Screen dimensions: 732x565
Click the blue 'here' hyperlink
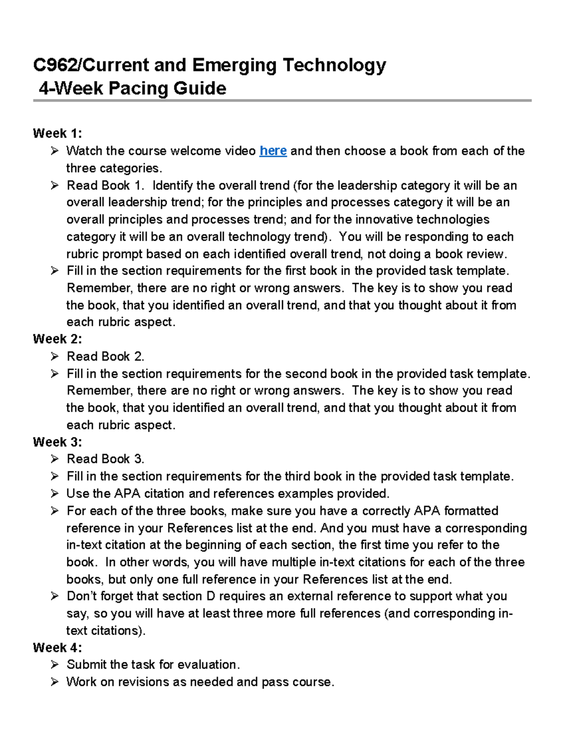[273, 151]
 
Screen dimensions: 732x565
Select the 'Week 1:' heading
[57, 133]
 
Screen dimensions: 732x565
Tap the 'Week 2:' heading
[57, 339]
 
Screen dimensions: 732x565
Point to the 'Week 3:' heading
[57, 442]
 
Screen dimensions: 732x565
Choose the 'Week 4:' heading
[57, 647]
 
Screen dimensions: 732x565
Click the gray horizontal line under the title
[282, 100]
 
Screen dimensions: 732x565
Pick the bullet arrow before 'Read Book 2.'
[55, 356]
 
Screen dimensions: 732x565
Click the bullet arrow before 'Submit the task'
[55, 665]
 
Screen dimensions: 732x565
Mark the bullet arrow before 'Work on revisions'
[55, 682]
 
